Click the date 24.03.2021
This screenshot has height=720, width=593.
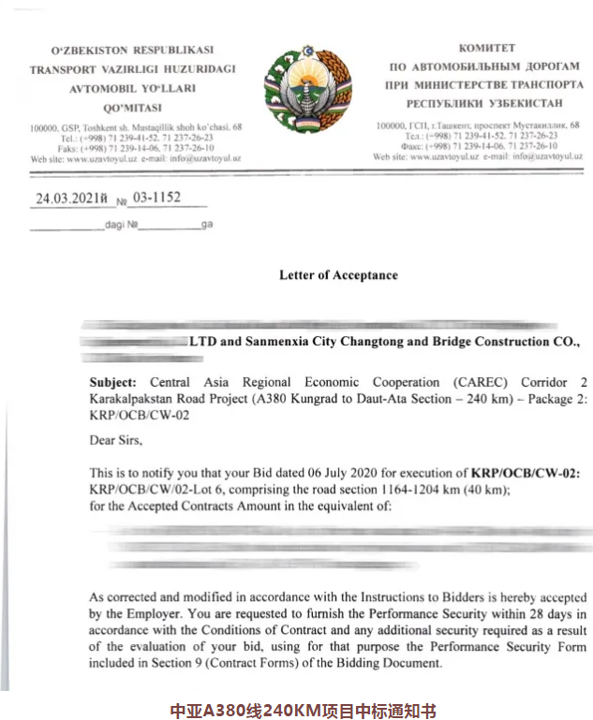click(x=67, y=198)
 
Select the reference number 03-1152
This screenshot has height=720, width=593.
click(x=156, y=198)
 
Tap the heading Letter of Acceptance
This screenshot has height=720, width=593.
click(x=338, y=275)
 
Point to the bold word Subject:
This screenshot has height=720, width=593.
click(x=112, y=383)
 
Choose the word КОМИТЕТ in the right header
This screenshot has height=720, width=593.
click(x=486, y=48)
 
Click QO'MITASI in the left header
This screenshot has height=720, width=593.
click(x=134, y=108)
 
